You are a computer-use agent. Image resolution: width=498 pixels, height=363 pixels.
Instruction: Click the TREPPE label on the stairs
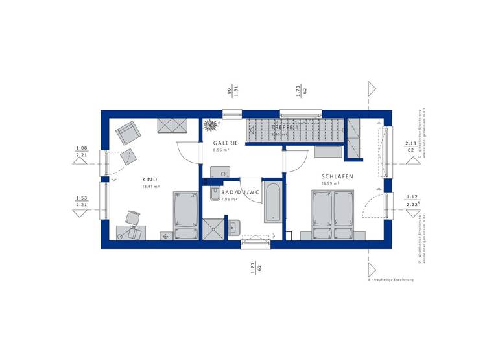point(285,128)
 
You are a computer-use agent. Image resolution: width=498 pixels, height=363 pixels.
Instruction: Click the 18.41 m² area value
point(150,187)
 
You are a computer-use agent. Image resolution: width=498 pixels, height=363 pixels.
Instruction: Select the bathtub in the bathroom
point(273,203)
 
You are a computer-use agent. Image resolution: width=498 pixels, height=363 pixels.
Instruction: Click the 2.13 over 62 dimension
point(410,146)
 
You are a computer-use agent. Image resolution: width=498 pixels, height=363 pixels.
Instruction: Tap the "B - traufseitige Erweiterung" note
point(391,279)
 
